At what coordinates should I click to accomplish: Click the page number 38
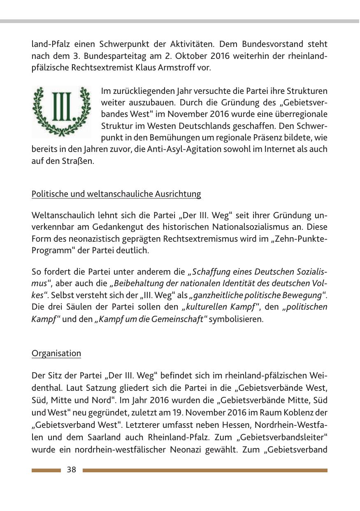coord(72,470)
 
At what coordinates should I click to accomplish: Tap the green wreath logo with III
coord(62,111)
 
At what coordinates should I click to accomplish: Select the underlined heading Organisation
coord(56,353)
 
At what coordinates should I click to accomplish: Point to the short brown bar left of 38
coord(46,470)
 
